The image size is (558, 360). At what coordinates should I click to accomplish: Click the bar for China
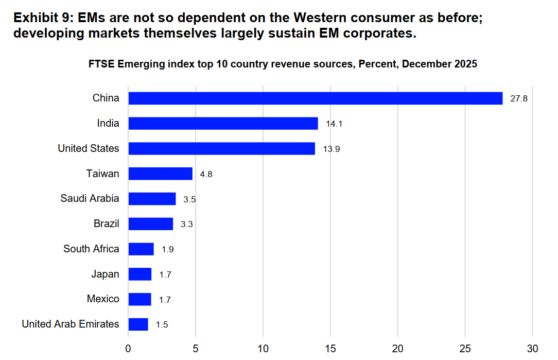coord(316,98)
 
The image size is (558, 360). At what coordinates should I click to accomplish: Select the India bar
coord(223,123)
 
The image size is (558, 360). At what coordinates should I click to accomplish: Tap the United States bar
coord(222,148)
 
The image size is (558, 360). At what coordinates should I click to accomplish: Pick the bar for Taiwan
coord(161,174)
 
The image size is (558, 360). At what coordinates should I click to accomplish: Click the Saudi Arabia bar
coord(152,199)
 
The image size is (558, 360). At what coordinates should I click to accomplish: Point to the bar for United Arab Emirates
coord(138,324)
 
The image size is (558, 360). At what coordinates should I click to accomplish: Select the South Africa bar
coord(141,249)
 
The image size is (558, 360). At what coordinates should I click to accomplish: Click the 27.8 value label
coord(519,99)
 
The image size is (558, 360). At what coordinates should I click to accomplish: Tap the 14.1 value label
coord(334,124)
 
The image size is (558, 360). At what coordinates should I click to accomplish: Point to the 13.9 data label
coord(332,149)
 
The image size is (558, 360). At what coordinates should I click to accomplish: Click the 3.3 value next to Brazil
coord(186,225)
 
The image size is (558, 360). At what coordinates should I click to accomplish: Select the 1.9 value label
coord(168,250)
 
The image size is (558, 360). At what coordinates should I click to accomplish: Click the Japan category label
coord(105,274)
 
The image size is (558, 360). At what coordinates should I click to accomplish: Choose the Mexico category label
coord(103,299)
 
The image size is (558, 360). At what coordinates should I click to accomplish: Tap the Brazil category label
coord(107,224)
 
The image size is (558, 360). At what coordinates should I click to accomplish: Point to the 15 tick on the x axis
coord(330,349)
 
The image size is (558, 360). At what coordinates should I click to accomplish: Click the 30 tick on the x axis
coord(532,349)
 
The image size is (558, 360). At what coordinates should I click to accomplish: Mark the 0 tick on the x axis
coord(128,349)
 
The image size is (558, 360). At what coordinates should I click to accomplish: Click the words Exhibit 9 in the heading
coord(42,18)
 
